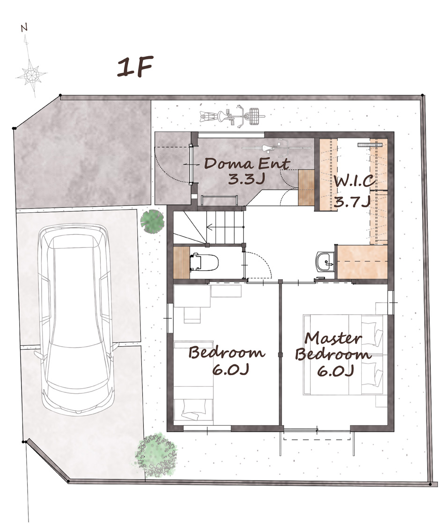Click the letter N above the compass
24,29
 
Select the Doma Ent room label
247,164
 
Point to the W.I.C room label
354,181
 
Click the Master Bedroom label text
333,346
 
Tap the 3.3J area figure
245,179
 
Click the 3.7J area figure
352,202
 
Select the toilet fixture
204,262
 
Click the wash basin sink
325,261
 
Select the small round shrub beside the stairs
152,221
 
